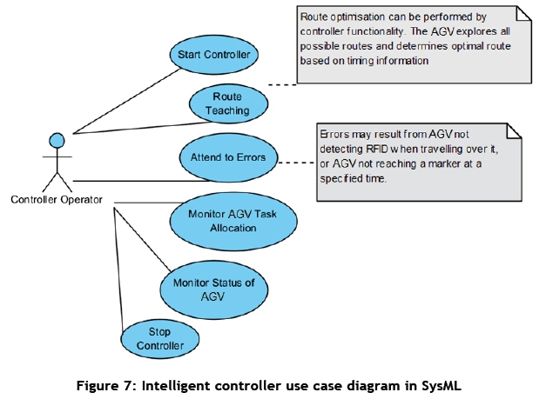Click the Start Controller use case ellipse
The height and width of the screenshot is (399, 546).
tap(213, 55)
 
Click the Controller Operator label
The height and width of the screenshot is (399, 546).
tap(56, 200)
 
